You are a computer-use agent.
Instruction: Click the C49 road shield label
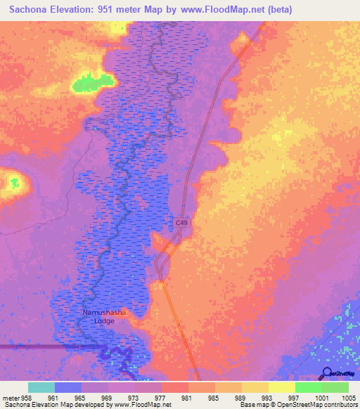point(182,223)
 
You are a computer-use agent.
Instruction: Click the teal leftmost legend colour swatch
point(41,387)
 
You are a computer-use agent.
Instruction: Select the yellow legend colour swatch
point(282,387)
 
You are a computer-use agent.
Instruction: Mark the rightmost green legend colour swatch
point(335,387)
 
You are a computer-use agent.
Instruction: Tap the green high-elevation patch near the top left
point(89,83)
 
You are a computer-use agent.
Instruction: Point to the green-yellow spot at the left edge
point(13,183)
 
